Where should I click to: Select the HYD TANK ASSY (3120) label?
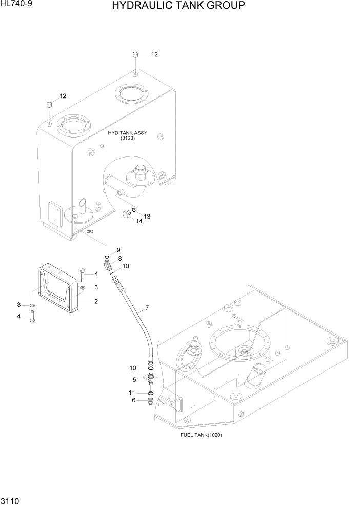(x=127, y=135)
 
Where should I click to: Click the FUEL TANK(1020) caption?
(x=201, y=435)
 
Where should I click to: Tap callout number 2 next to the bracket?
(x=95, y=301)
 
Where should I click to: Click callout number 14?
(x=139, y=221)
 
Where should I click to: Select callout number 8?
(x=119, y=258)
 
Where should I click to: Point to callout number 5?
(x=135, y=380)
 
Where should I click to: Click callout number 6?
(x=135, y=401)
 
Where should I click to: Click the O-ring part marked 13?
(x=134, y=210)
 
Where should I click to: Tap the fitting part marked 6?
(x=151, y=401)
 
